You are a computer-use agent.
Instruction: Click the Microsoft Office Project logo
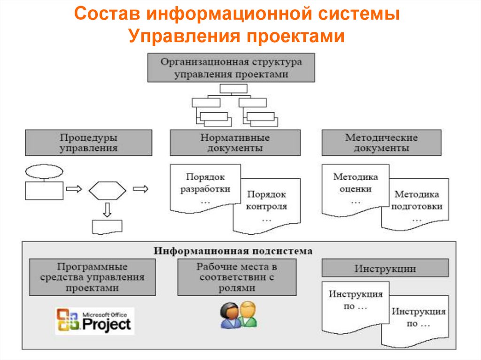click(x=94, y=321)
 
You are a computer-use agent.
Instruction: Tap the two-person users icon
click(x=239, y=314)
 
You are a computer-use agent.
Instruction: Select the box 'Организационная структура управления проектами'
click(x=231, y=68)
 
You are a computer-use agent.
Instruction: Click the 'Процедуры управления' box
click(x=88, y=143)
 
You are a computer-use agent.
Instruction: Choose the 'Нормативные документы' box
click(x=235, y=143)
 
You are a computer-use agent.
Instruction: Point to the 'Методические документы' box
click(x=381, y=143)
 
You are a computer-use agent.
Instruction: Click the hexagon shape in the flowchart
click(x=108, y=190)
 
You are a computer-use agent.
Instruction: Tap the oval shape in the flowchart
click(x=44, y=171)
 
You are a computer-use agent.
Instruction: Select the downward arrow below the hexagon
click(x=107, y=209)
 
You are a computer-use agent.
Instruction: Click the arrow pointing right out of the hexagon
click(x=140, y=189)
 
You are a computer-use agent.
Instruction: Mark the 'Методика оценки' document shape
click(x=355, y=188)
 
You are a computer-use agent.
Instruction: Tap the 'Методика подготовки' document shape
click(x=416, y=205)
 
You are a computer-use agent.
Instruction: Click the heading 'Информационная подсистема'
click(x=233, y=251)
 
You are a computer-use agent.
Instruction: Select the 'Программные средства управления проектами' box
click(x=92, y=277)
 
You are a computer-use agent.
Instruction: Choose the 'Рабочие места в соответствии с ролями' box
click(x=237, y=277)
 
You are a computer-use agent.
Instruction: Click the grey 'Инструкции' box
click(x=385, y=269)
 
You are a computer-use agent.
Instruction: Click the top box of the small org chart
click(x=230, y=88)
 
